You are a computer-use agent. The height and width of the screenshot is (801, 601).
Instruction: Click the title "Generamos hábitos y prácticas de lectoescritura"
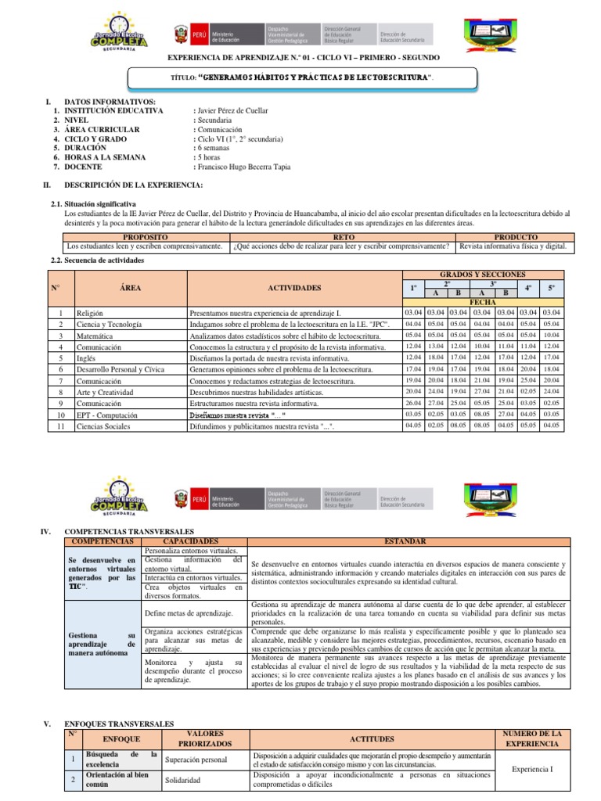[313, 78]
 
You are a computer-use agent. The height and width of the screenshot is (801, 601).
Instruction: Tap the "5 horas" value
[208, 156]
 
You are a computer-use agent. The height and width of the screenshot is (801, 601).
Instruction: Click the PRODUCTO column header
[515, 236]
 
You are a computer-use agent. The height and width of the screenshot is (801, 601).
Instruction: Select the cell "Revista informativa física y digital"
[513, 246]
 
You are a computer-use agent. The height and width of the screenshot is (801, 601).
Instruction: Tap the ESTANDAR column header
[405, 541]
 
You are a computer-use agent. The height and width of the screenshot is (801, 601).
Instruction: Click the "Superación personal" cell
[196, 759]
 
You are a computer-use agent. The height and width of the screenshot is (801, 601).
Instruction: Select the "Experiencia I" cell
[531, 769]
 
